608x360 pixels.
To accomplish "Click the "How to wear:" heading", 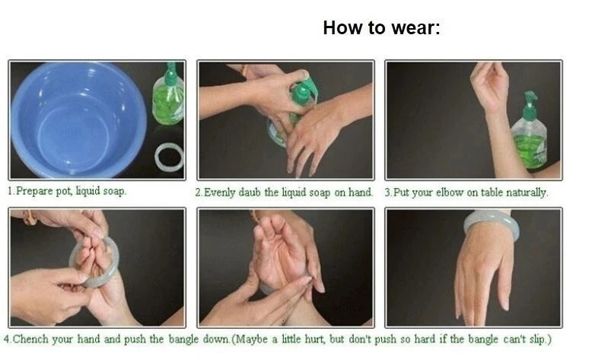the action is [x=381, y=28].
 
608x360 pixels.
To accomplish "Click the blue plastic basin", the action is [x=78, y=119].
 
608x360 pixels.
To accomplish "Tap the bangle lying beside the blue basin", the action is [x=169, y=157].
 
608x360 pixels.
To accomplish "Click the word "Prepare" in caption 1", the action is [x=34, y=191].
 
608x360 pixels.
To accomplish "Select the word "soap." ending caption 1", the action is [x=114, y=191].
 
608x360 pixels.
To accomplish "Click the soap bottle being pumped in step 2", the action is [x=294, y=112].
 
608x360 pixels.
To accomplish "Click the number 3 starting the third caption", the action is [x=388, y=193].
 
